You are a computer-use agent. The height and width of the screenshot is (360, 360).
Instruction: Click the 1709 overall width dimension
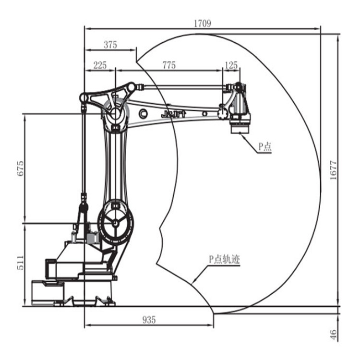pyautogui.click(x=202, y=23)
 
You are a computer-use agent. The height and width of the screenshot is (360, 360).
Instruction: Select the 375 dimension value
pyautogui.click(x=110, y=45)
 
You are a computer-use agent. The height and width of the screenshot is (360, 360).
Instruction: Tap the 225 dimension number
pyautogui.click(x=100, y=65)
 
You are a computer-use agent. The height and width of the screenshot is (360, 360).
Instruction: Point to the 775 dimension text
pyautogui.click(x=169, y=65)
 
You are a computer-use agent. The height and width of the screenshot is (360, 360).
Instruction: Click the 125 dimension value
pyautogui.click(x=231, y=65)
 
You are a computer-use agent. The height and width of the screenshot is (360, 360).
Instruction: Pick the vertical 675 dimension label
pyautogui.click(x=20, y=169)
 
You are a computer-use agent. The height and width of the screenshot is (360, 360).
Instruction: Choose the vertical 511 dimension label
pyautogui.click(x=20, y=263)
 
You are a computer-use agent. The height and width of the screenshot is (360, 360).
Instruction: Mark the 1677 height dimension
pyautogui.click(x=333, y=170)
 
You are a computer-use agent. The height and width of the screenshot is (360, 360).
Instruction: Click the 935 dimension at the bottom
pyautogui.click(x=149, y=320)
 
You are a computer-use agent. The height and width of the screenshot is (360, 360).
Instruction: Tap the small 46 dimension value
pyautogui.click(x=334, y=335)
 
